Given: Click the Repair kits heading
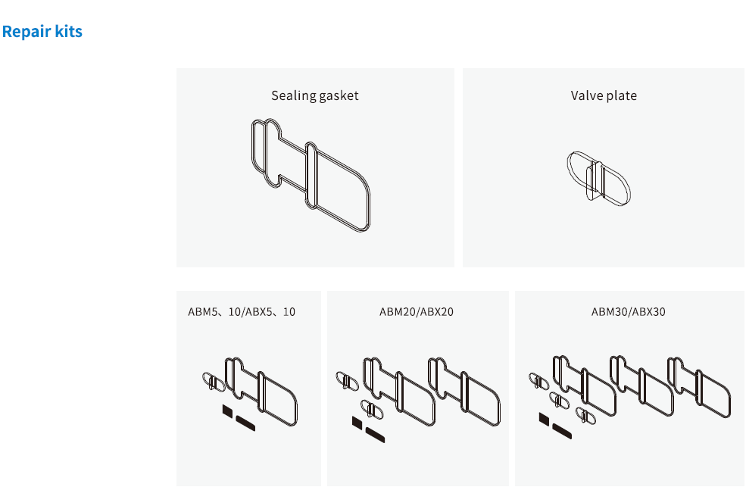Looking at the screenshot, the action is pyautogui.click(x=42, y=31).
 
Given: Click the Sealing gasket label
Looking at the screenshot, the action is pyautogui.click(x=314, y=95).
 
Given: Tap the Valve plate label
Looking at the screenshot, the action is pyautogui.click(x=604, y=95).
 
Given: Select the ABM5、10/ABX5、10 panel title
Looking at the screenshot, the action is pyautogui.click(x=242, y=311).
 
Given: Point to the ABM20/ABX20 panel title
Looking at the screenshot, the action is pyautogui.click(x=417, y=311).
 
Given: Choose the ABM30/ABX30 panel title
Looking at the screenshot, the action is pyautogui.click(x=628, y=311).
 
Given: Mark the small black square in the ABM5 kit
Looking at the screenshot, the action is pyautogui.click(x=227, y=411).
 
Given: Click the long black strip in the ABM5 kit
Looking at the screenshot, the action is pyautogui.click(x=245, y=423).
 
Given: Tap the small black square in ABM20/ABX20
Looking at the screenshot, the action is pyautogui.click(x=357, y=423).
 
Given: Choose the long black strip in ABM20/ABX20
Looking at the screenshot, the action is pyautogui.click(x=375, y=435).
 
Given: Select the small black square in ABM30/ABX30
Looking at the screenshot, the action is pyautogui.click(x=544, y=419).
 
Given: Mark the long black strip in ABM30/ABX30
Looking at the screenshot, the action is pyautogui.click(x=562, y=431).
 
